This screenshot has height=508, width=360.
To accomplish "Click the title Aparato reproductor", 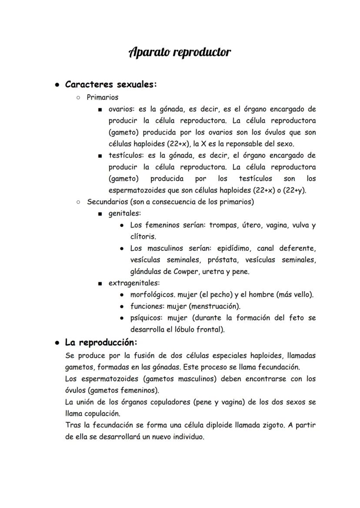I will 180,53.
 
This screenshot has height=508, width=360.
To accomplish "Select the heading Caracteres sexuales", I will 111,84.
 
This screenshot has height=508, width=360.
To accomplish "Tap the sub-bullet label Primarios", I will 102,97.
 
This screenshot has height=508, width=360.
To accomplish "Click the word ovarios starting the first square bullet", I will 121,109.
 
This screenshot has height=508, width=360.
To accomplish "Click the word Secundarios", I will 107,202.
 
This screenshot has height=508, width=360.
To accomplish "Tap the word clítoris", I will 143,237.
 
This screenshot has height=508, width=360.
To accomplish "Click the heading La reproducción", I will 101,342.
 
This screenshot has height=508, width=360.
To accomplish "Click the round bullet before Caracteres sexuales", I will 57,85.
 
